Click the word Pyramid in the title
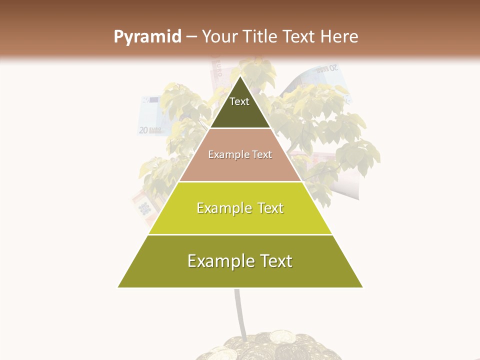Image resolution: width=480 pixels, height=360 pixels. (x=147, y=37)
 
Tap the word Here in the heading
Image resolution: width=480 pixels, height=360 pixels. (x=339, y=37)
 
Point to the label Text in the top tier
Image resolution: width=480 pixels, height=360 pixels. (x=239, y=101)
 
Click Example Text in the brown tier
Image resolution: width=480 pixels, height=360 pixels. (x=240, y=154)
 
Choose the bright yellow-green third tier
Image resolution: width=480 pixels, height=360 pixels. (x=240, y=220)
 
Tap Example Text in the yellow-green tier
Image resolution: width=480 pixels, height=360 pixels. (x=240, y=208)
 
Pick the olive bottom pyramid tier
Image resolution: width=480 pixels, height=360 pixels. (x=240, y=272)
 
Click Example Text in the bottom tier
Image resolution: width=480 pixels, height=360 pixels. (x=240, y=261)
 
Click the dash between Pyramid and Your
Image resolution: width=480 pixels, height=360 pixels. (x=191, y=37)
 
